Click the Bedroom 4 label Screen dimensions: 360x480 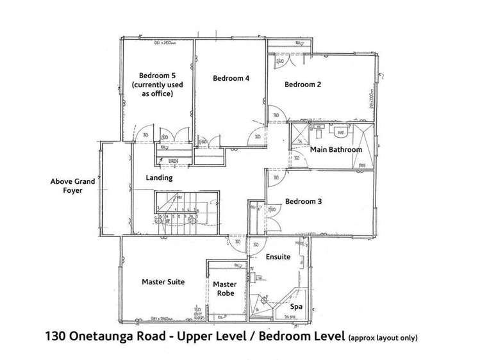pyautogui.click(x=231, y=78)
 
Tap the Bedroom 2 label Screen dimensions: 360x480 pyautogui.click(x=302, y=84)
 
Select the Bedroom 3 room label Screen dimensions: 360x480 pyautogui.click(x=303, y=200)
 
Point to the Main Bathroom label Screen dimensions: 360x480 pyautogui.click(x=336, y=149)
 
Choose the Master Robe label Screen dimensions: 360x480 pyautogui.click(x=224, y=289)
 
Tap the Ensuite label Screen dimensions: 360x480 pyautogui.click(x=279, y=256)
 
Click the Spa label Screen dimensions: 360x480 pyautogui.click(x=296, y=307)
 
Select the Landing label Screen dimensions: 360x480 pyautogui.click(x=159, y=177)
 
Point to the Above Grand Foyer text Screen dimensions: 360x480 pyautogui.click(x=72, y=186)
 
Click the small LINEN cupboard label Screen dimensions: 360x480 pyautogui.click(x=172, y=160)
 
